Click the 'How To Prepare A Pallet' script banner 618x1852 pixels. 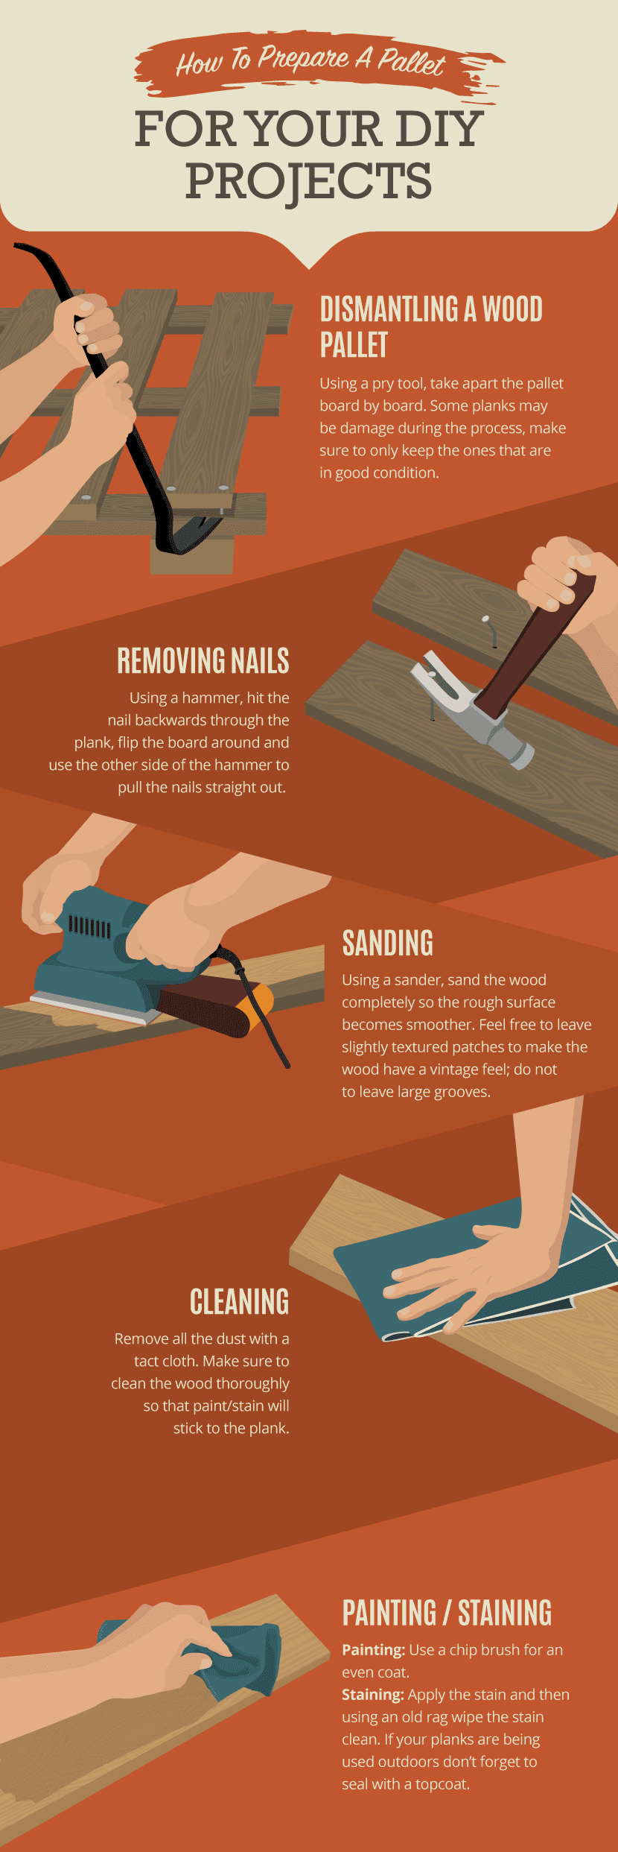311,62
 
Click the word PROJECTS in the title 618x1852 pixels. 308,181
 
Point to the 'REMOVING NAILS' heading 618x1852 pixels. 203,661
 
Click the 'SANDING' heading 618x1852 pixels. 387,944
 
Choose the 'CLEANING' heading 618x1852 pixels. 239,1302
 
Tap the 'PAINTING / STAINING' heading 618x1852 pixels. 447,1613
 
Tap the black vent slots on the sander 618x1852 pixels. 89,927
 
